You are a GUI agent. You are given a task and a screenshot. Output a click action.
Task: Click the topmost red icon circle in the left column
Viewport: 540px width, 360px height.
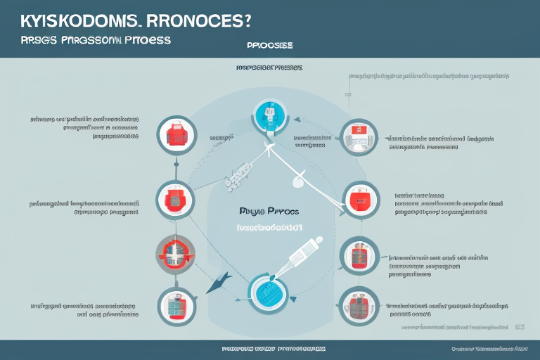173,134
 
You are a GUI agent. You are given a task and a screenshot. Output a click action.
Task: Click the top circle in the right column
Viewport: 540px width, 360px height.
359,136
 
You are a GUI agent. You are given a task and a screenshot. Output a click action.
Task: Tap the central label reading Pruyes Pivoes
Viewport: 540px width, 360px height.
269,210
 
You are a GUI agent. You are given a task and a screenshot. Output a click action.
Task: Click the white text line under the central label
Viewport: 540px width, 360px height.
270,227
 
